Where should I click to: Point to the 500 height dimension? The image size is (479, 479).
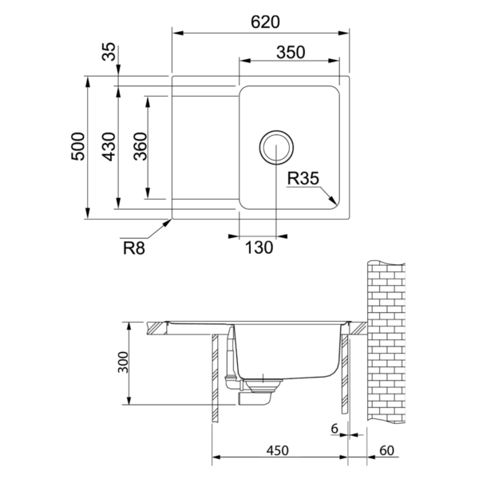click(x=77, y=146)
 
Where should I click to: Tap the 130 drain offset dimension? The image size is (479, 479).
click(x=259, y=247)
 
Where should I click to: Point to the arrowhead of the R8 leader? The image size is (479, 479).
click(x=170, y=221)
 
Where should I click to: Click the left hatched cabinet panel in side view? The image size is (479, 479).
click(x=216, y=379)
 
